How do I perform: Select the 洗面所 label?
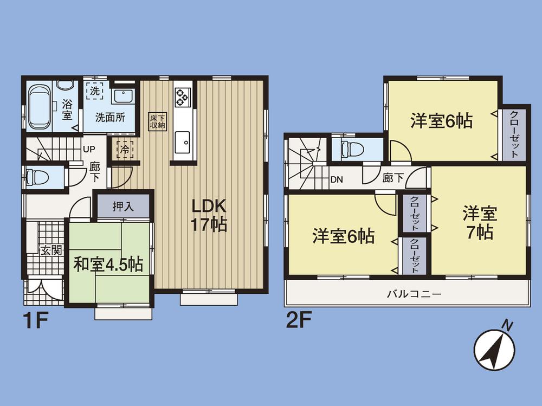coord(110,117)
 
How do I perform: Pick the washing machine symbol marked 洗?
coord(95,90)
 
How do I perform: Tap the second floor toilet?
coord(350,149)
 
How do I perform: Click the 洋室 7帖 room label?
coord(479,222)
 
